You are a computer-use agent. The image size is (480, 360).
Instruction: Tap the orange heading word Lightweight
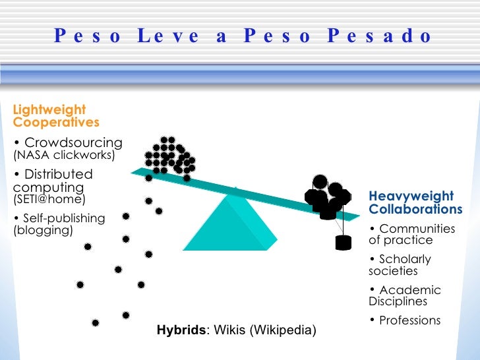click(49, 109)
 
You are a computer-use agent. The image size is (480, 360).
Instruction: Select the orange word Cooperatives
click(56, 122)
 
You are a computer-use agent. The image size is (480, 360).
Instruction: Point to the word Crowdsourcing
click(73, 142)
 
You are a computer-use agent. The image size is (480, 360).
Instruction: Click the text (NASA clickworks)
click(64, 156)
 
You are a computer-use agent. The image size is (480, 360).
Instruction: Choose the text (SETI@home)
click(49, 198)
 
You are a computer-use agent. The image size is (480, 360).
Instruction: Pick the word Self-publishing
click(63, 218)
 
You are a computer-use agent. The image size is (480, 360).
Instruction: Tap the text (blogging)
click(43, 230)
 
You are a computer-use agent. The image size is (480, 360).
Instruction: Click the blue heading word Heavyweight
click(411, 196)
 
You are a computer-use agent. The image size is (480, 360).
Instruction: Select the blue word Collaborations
click(415, 209)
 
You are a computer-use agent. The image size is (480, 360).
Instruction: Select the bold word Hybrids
click(181, 329)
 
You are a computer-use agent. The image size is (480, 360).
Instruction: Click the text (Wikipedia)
click(282, 329)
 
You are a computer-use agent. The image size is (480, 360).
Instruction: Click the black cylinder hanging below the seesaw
click(343, 242)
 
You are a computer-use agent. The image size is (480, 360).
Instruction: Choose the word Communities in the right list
click(417, 229)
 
